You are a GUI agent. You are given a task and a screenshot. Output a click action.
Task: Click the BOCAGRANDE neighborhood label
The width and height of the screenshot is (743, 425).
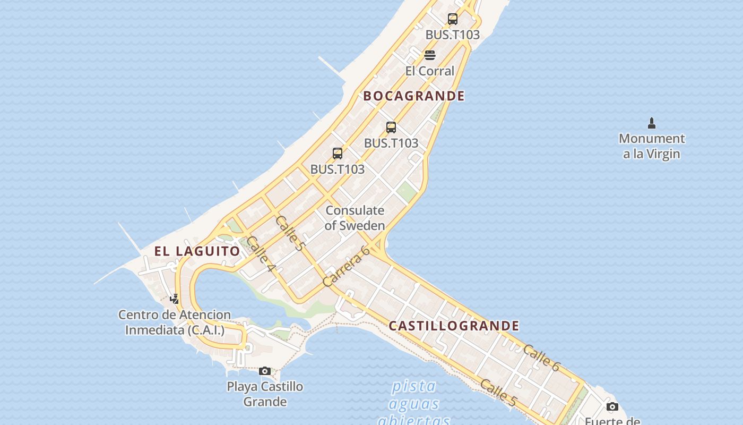click(414, 96)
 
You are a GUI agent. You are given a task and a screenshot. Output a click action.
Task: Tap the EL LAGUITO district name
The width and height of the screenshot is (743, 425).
click(197, 251)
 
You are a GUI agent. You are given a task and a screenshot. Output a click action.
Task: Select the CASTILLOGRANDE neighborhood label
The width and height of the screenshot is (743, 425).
click(454, 326)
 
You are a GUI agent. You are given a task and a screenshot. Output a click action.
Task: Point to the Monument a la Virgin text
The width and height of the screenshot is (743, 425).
click(652, 146)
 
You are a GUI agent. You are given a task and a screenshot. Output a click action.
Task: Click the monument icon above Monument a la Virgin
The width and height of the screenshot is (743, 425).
click(652, 123)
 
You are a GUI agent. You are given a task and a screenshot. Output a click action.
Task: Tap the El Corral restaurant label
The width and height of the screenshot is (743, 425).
click(429, 71)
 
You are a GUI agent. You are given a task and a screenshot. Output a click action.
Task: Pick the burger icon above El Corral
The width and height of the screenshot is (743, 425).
click(430, 55)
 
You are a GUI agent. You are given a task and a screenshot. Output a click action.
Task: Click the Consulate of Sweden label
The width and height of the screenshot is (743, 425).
click(355, 218)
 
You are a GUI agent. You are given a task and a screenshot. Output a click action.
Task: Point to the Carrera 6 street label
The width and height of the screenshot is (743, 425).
click(346, 266)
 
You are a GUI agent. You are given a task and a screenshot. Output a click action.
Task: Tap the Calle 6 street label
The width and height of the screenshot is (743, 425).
click(541, 358)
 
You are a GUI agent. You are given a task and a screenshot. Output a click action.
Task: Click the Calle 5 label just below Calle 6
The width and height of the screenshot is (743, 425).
click(498, 392)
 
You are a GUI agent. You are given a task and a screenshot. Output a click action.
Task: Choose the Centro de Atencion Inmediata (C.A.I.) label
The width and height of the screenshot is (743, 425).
click(175, 322)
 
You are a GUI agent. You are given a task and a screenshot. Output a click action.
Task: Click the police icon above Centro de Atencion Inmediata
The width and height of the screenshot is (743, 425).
click(174, 299)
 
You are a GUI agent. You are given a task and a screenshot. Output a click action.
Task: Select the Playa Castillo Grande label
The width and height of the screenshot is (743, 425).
click(265, 394)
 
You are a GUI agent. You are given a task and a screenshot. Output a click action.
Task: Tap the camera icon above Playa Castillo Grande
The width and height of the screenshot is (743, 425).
click(265, 371)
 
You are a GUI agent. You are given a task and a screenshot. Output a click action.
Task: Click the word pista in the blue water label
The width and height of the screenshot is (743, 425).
click(414, 386)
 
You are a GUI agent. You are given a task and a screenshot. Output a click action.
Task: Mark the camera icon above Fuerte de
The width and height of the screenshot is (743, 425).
click(612, 407)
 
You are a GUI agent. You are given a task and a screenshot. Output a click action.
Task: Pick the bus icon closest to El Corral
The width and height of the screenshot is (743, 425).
click(452, 19)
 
